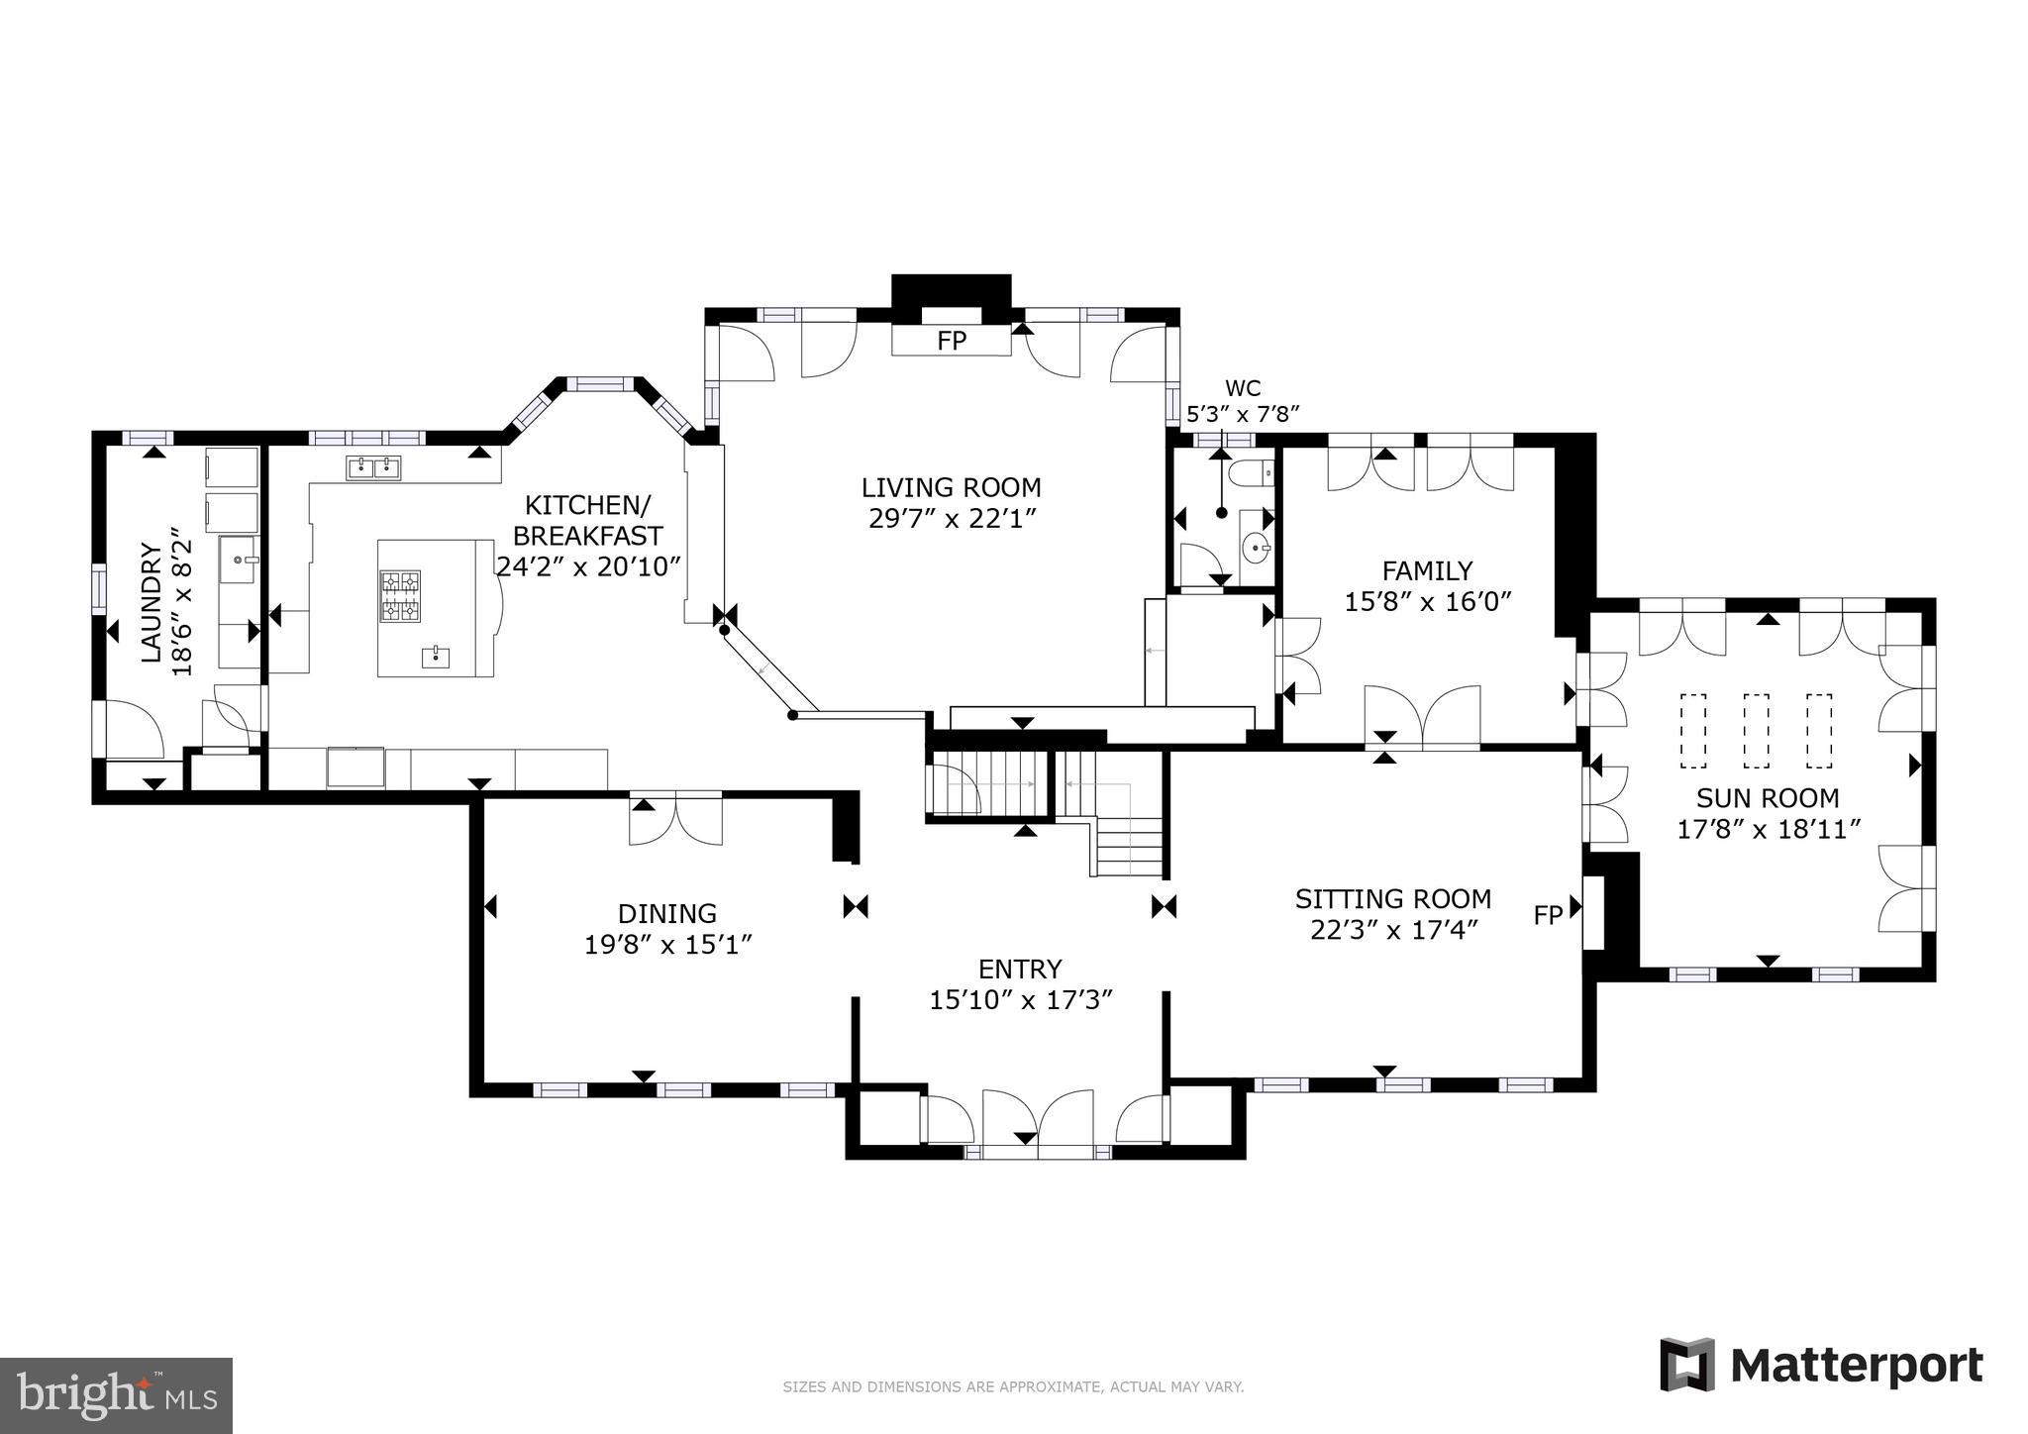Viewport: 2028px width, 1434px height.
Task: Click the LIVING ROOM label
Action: coord(951,487)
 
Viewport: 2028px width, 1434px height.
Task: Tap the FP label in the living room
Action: coord(951,342)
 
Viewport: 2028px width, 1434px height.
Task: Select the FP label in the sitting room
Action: coord(1548,915)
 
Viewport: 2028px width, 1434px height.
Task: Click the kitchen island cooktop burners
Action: coord(400,595)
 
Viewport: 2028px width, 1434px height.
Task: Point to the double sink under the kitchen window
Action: coord(373,467)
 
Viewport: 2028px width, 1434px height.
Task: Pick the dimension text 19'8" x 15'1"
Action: coord(668,945)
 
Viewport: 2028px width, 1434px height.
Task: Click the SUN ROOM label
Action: coord(1768,797)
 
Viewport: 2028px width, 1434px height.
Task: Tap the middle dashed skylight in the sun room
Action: coord(1756,731)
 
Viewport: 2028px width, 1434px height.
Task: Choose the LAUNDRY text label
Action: coord(151,601)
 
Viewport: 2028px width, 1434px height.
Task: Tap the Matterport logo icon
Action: coord(1687,1365)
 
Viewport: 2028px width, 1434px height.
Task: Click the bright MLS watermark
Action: coord(116,1395)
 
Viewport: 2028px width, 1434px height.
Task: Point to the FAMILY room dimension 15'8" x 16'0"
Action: coord(1428,601)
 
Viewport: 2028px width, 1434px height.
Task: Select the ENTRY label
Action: coord(1020,969)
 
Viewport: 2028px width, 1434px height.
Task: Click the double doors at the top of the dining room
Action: coord(675,818)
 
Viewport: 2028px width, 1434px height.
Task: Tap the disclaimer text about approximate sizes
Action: coord(1013,1387)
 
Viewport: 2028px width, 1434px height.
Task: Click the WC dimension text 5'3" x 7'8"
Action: coord(1243,414)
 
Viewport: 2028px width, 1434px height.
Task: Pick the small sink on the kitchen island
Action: coord(436,655)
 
